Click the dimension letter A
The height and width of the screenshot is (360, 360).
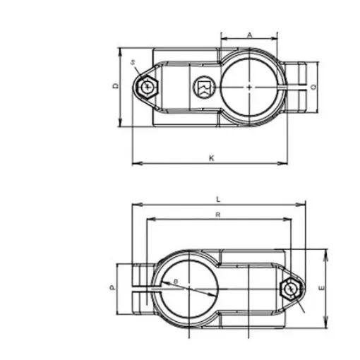coord(249,34)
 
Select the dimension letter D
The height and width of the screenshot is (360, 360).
coord(116,85)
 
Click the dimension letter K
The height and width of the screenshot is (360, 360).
coord(211,157)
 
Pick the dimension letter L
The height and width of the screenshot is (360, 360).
coord(219,198)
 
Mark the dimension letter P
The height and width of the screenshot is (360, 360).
coord(112,288)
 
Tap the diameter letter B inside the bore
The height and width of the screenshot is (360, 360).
coord(176,283)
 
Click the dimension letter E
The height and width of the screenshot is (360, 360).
coord(320,288)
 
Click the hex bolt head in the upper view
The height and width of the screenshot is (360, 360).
coord(147,87)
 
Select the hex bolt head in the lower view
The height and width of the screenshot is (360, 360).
coord(289,289)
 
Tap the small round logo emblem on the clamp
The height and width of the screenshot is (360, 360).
coord(201,87)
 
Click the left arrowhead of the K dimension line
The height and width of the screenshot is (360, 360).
coord(134,164)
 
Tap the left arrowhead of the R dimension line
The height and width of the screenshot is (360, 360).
coord(148,220)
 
